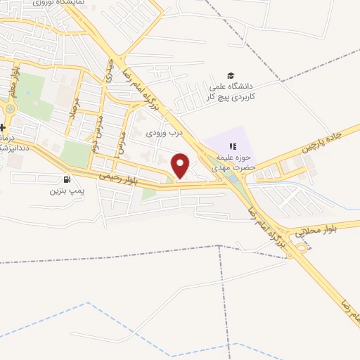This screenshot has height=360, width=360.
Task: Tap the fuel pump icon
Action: click(x=67, y=179)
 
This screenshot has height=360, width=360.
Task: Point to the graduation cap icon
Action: click(x=230, y=76)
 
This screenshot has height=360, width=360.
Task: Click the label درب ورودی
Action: click(x=164, y=132)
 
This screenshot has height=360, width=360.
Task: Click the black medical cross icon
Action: click(x=3, y=127)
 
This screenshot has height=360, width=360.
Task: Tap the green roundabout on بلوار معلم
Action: click(x=11, y=109)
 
